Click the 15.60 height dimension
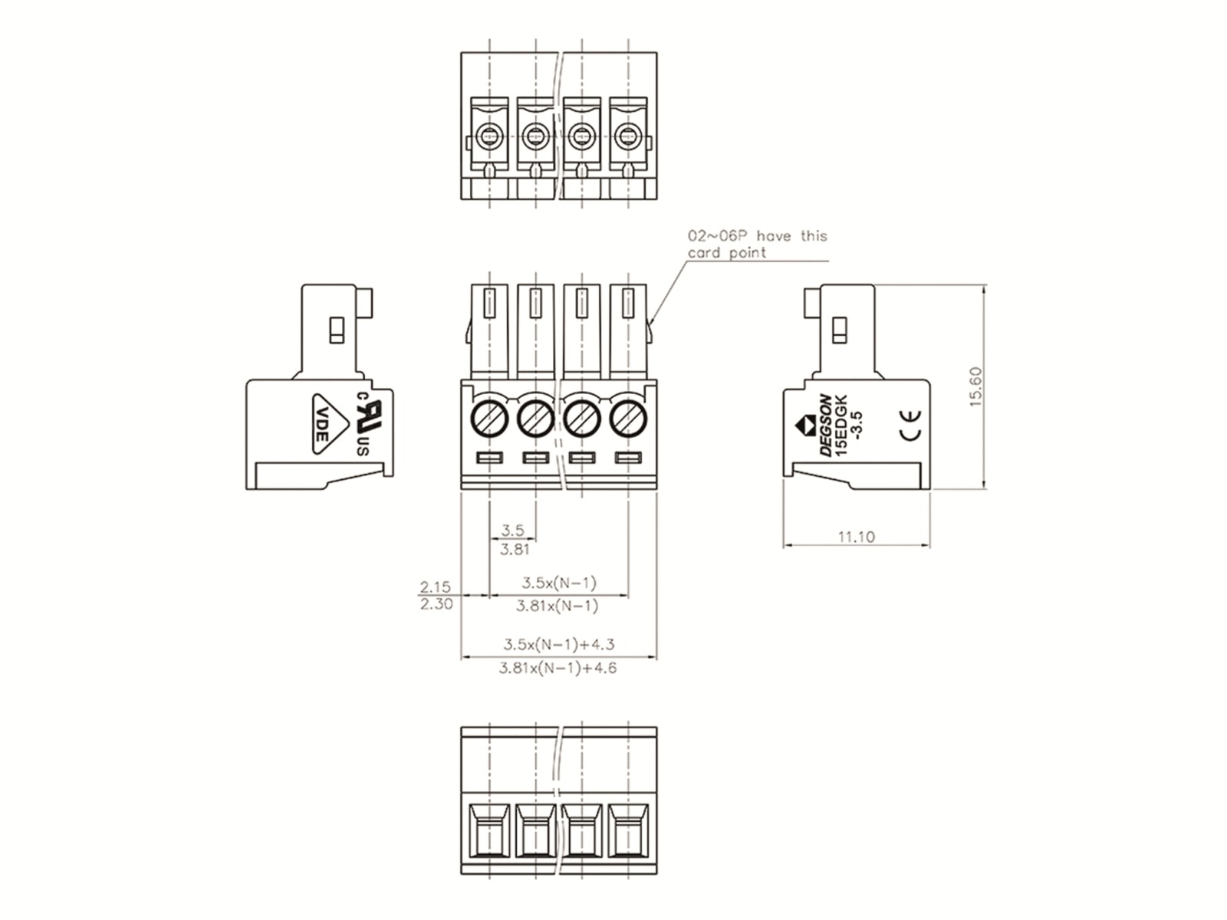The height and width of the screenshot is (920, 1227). click(x=975, y=386)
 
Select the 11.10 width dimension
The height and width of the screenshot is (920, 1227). click(x=856, y=537)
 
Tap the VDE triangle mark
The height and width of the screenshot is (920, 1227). click(x=330, y=424)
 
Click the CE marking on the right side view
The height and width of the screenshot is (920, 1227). click(x=910, y=426)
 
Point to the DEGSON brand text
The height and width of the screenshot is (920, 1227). click(x=824, y=425)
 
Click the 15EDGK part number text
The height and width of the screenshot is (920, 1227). click(x=840, y=425)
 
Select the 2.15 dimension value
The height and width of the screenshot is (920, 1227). click(x=435, y=586)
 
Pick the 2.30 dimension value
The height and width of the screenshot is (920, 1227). click(x=436, y=604)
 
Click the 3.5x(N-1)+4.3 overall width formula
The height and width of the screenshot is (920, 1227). click(x=558, y=644)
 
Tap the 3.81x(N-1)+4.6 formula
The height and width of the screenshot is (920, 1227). click(x=558, y=668)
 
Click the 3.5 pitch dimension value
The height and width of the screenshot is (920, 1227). click(x=512, y=530)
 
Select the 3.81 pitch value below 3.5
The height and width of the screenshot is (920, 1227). click(x=515, y=549)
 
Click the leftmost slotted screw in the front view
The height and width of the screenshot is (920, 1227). click(x=489, y=419)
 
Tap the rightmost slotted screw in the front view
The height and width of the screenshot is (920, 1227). click(x=628, y=419)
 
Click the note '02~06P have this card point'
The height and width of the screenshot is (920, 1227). click(x=757, y=244)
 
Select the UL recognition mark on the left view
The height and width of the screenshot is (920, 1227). click(x=368, y=423)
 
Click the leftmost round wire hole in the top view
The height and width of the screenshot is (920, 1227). click(x=489, y=135)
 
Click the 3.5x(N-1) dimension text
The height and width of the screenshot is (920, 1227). click(x=559, y=583)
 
